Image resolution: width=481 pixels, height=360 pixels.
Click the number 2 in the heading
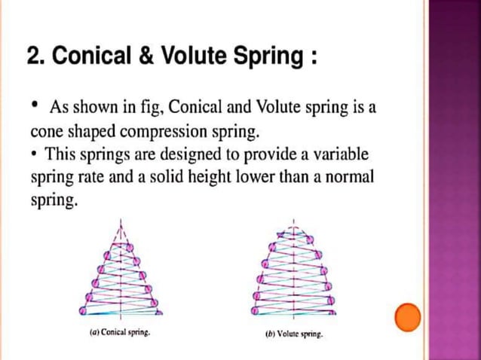33,56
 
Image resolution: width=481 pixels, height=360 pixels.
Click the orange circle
408,318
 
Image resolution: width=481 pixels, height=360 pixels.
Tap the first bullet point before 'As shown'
35,106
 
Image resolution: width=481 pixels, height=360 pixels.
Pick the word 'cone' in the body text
44,132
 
